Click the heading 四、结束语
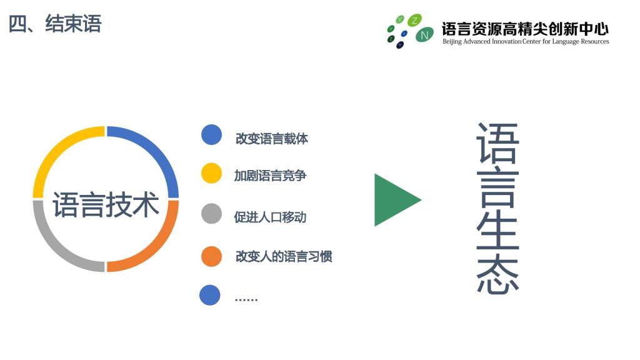tap(55, 23)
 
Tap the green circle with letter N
tap(424, 35)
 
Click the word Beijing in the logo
tap(452, 42)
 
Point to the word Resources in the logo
tap(595, 41)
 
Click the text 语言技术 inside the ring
tap(106, 204)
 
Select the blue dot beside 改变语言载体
tap(211, 135)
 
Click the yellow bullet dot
tap(211, 173)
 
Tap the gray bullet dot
tap(211, 214)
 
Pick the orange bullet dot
tap(211, 256)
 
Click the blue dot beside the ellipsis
tap(210, 295)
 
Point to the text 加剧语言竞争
tap(270, 176)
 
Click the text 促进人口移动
tap(270, 217)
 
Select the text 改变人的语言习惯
tap(284, 256)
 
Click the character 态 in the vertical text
tap(498, 276)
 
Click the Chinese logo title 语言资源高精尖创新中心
tap(525, 29)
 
